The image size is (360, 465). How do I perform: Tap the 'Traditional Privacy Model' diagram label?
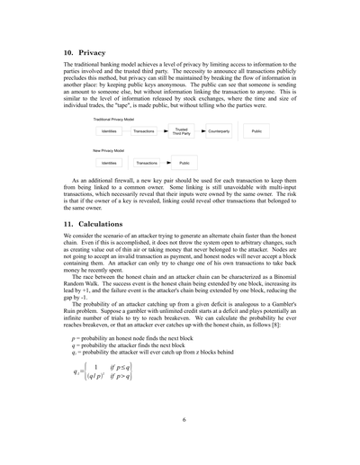(114, 120)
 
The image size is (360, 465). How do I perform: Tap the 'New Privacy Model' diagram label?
(109, 150)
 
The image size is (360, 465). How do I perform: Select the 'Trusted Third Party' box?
(181, 131)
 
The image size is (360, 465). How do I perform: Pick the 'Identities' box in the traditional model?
(108, 131)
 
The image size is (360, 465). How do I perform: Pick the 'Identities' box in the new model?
(108, 163)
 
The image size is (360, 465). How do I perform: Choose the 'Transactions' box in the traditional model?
(144, 131)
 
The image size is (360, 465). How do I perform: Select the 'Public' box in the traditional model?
(256, 131)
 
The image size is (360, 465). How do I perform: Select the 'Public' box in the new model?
(184, 163)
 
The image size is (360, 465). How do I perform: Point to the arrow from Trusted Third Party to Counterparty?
(202, 131)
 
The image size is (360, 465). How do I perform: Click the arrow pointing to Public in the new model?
(168, 163)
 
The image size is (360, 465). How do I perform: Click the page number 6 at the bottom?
(184, 419)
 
